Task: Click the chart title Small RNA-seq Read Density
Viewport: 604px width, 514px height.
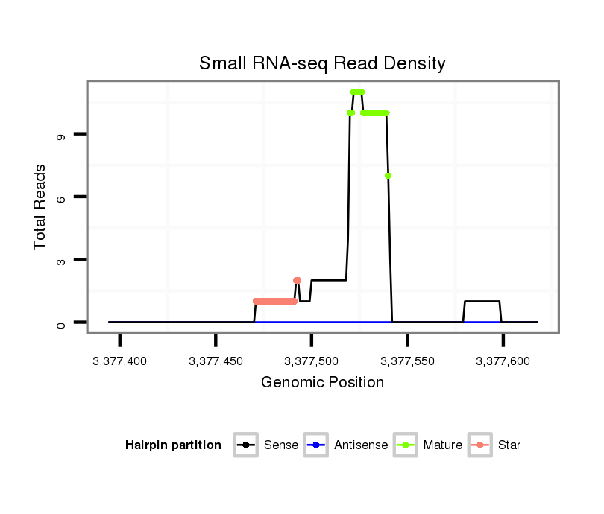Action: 322,63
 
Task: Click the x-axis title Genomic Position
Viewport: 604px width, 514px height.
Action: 322,383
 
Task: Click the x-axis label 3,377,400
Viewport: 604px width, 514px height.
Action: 119,361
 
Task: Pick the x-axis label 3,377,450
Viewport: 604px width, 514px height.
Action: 216,361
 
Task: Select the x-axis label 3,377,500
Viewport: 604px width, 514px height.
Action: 312,361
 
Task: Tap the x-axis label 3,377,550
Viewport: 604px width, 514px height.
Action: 407,361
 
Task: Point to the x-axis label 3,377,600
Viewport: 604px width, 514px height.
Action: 503,361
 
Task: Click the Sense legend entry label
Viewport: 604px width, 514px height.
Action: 281,445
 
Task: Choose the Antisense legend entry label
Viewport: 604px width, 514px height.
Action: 361,445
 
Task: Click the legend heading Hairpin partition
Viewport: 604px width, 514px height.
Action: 173,445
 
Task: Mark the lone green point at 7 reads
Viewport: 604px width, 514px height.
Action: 388,176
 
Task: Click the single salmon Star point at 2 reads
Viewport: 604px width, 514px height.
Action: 297,281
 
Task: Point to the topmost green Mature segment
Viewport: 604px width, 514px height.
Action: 357,92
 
